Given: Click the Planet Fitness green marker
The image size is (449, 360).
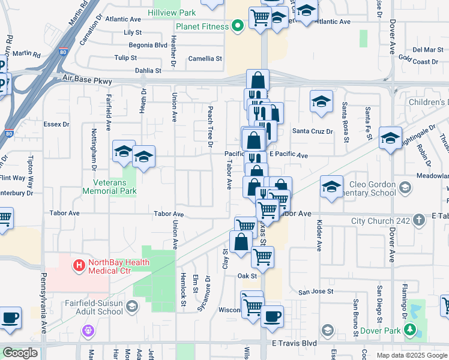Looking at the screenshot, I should [238, 26].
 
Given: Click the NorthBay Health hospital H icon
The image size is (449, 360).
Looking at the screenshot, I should [79, 265].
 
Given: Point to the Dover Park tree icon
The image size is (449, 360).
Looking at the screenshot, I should [409, 329].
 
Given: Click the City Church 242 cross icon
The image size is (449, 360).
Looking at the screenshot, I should [419, 221].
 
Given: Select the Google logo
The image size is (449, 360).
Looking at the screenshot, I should [20, 353].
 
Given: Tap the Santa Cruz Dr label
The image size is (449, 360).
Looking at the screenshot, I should [312, 131].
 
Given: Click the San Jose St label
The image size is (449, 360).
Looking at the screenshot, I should [316, 292].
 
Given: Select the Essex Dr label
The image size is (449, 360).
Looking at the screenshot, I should [57, 125].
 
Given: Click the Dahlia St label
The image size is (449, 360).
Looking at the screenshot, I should [148, 70].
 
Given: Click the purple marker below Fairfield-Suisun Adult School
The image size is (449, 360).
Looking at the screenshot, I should [88, 329].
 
